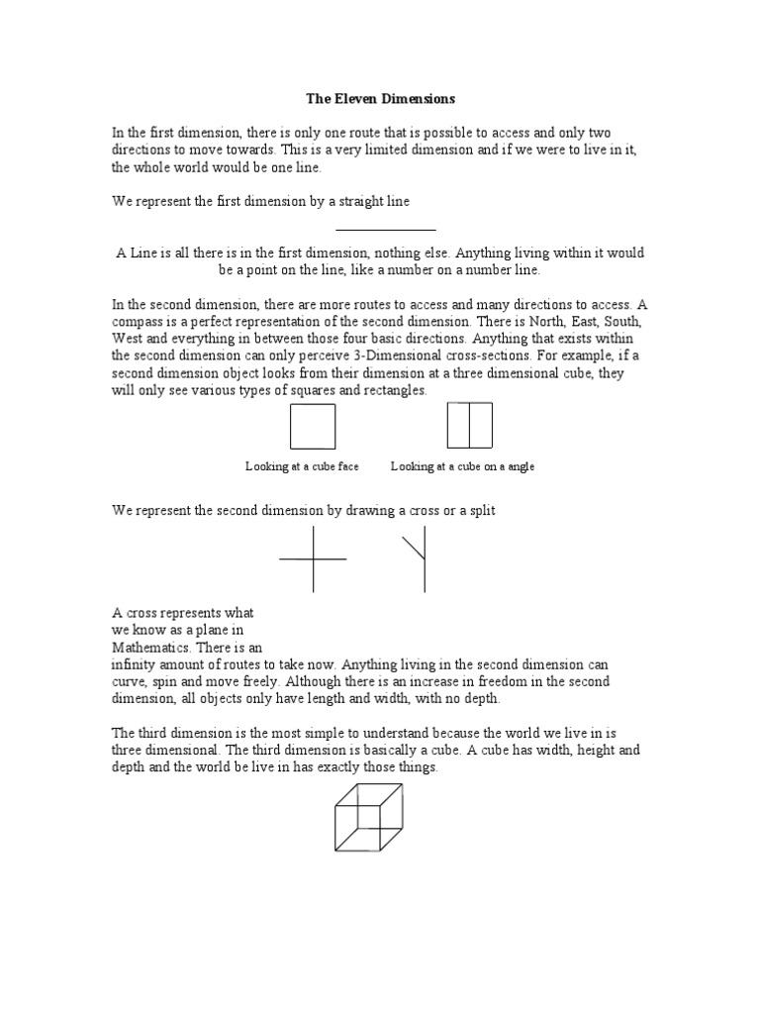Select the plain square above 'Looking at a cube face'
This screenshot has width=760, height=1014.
tap(313, 427)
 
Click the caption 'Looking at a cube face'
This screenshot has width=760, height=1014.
tap(302, 466)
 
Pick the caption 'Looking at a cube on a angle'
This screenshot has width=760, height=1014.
tap(462, 466)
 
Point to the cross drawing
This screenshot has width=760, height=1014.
tap(313, 559)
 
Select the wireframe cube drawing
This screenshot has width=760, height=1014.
tap(368, 817)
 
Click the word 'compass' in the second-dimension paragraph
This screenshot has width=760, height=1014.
tap(141, 321)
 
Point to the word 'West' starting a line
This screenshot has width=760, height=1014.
tap(127, 338)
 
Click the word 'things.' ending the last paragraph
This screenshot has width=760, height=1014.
tap(412, 766)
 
